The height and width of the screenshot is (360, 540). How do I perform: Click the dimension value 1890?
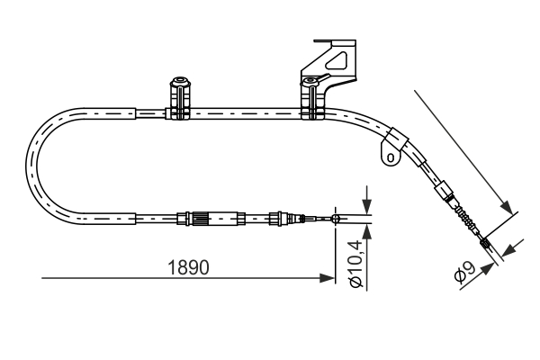click(x=189, y=267)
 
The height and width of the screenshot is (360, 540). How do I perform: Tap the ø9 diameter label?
click(x=464, y=273)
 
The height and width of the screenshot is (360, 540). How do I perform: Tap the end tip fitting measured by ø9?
click(x=487, y=242)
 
